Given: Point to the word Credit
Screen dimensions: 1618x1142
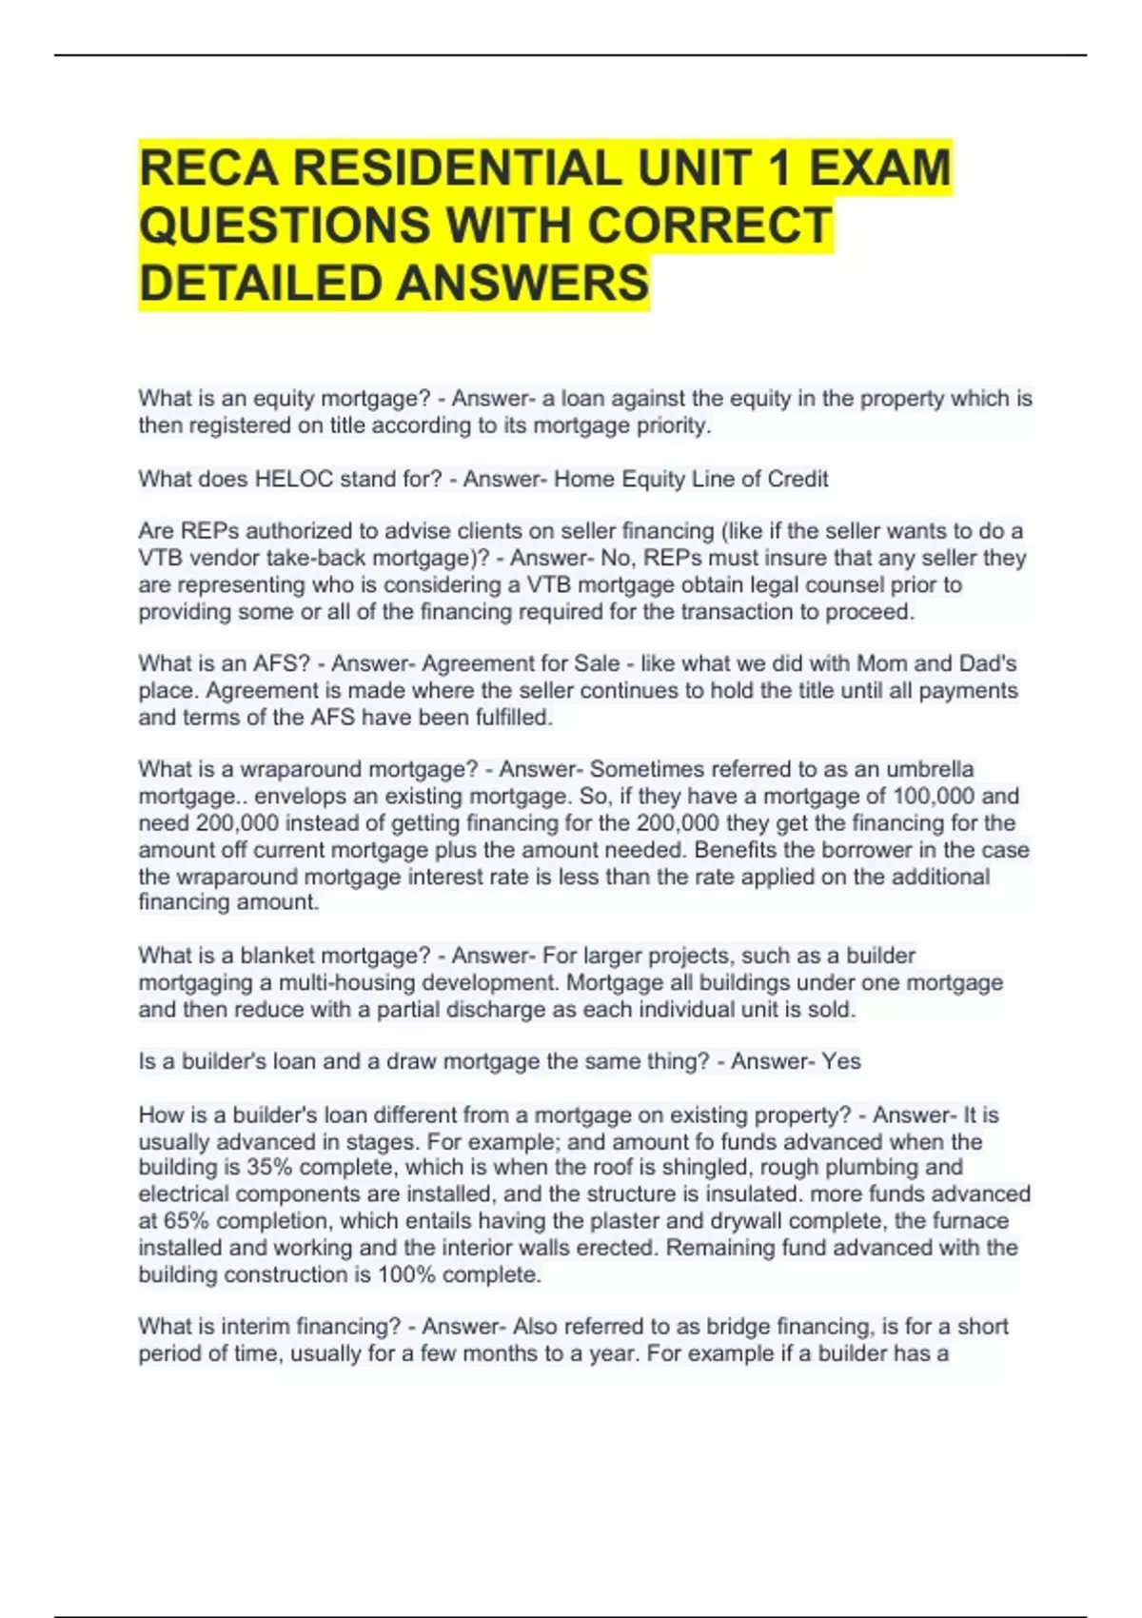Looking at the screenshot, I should (797, 479).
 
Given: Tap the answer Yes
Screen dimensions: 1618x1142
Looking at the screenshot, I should (841, 1061).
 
